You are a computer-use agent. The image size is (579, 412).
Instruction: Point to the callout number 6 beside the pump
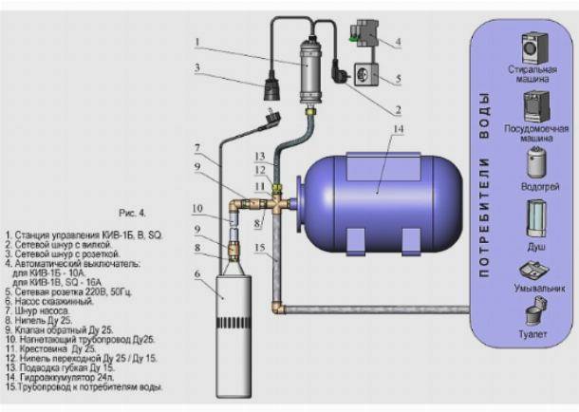197,274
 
